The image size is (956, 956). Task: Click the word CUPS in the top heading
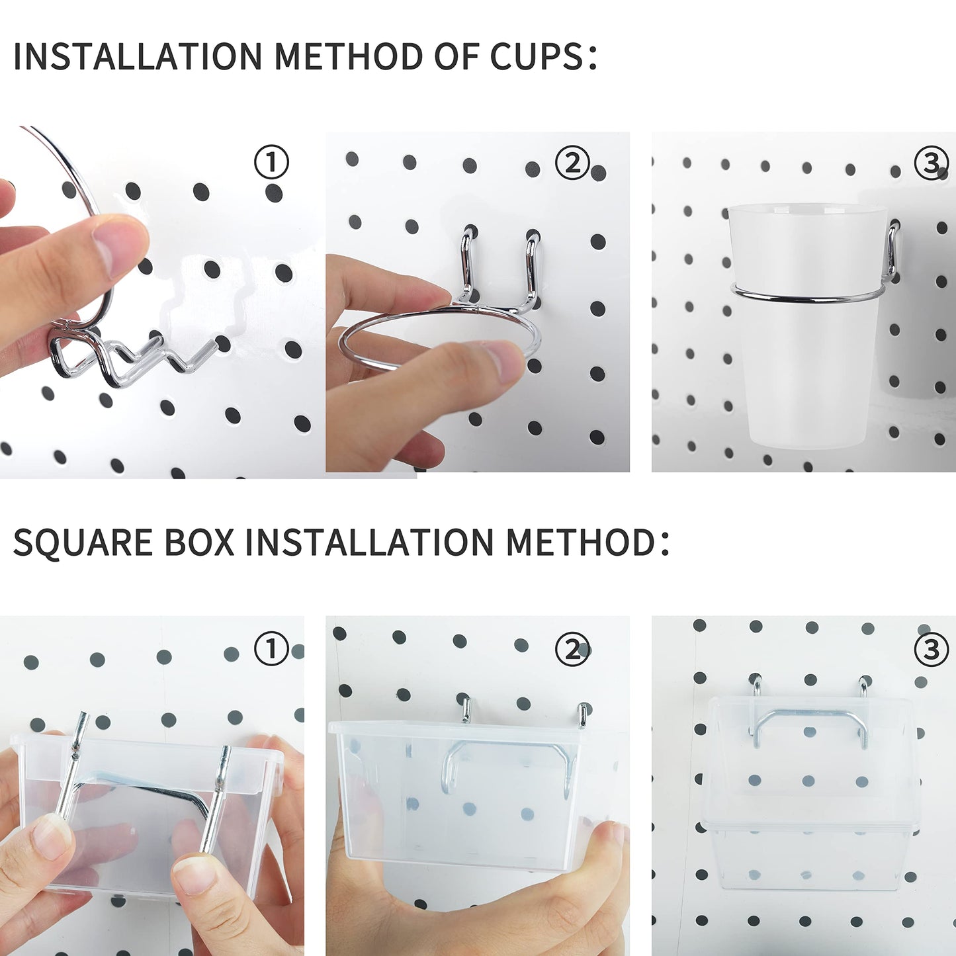point(537,57)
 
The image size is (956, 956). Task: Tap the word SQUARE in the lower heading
point(83,543)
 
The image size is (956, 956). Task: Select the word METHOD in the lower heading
point(580,543)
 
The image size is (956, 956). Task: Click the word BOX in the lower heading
point(199,543)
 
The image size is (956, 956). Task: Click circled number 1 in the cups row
point(271,162)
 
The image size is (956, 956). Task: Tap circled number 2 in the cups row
point(572,162)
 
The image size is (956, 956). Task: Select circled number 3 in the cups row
point(931,162)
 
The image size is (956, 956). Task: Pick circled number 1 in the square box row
point(271,649)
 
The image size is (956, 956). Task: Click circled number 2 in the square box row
point(572,649)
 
